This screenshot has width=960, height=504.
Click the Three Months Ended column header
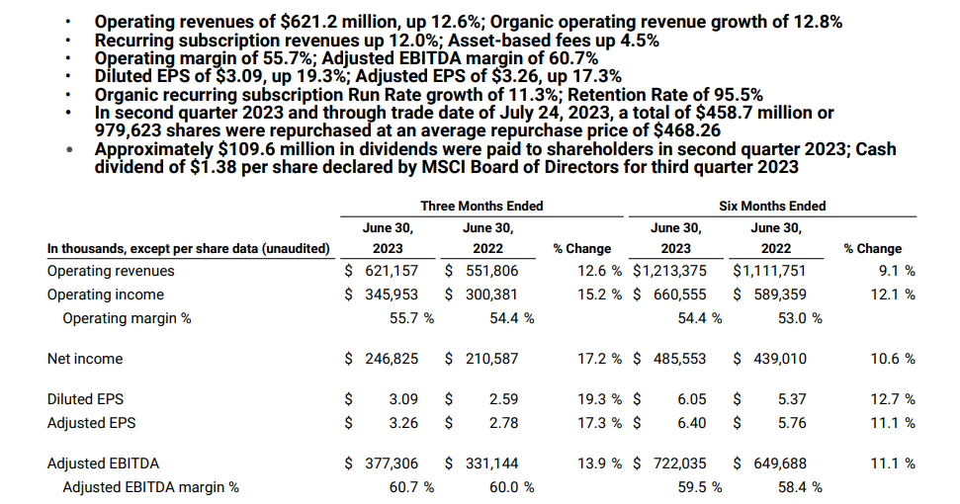pyautogui.click(x=481, y=206)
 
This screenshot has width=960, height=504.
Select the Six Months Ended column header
pyautogui.click(x=772, y=206)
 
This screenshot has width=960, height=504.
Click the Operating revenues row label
pyautogui.click(x=111, y=271)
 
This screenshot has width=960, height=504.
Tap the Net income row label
pyautogui.click(x=85, y=359)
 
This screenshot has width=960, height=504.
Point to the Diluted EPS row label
pyautogui.click(x=86, y=399)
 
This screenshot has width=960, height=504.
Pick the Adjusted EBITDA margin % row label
pyautogui.click(x=150, y=486)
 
